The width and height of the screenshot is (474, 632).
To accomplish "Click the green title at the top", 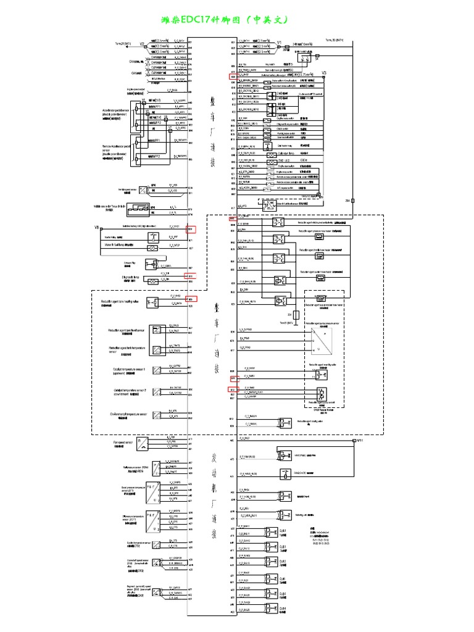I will click(236, 20).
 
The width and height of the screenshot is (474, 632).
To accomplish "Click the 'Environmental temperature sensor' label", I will click(128, 414).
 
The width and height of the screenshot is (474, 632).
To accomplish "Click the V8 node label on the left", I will click(97, 228).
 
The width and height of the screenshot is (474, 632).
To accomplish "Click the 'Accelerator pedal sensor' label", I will click(115, 112).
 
